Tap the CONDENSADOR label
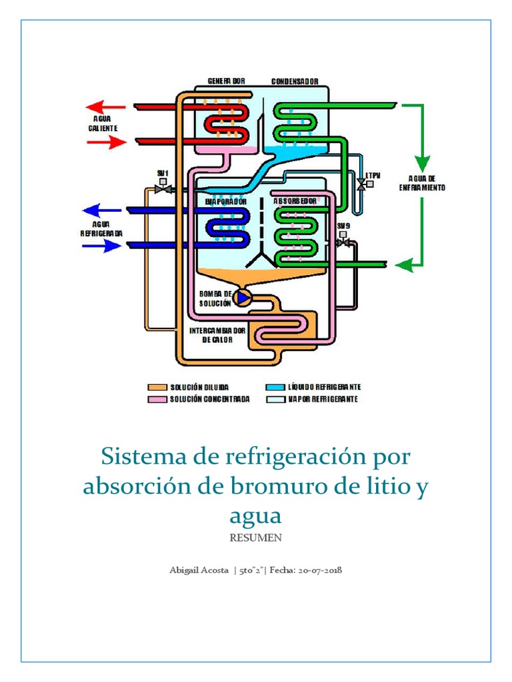pyautogui.click(x=294, y=81)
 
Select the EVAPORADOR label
pyautogui.click(x=226, y=200)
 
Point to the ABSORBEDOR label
pyautogui.click(x=295, y=200)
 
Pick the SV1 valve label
pyautogui.click(x=161, y=174)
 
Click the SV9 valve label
pyautogui.click(x=343, y=226)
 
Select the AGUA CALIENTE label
pyautogui.click(x=103, y=123)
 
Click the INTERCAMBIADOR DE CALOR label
pyautogui.click(x=218, y=335)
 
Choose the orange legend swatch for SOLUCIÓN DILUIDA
pyautogui.click(x=156, y=387)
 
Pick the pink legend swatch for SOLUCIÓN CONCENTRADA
pyautogui.click(x=156, y=400)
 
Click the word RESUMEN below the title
pyautogui.click(x=256, y=537)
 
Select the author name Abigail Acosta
pyautogui.click(x=199, y=571)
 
